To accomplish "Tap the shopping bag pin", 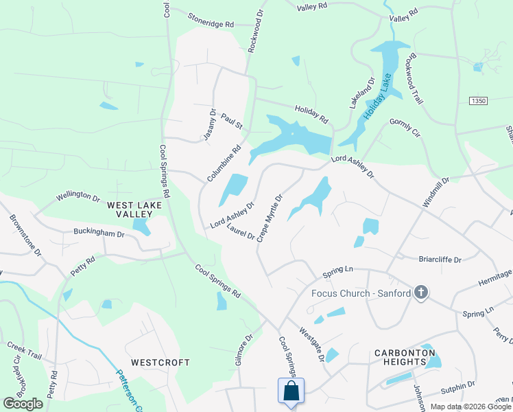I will (291, 391).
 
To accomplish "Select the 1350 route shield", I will (478, 101).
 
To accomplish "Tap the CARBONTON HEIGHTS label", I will (405, 358).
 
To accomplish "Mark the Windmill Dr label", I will (436, 192).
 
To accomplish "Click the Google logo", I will (23, 404).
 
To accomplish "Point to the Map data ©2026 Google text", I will (471, 407).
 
